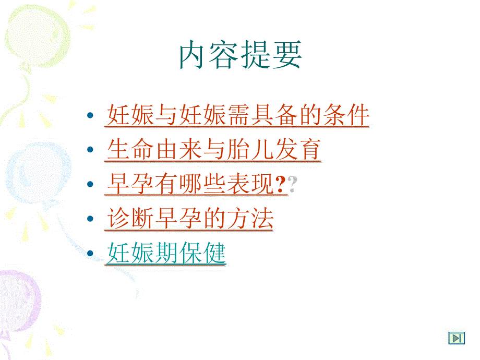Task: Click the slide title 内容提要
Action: [x=240, y=56]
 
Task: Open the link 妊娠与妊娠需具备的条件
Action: [x=237, y=115]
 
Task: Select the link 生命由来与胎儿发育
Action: [x=213, y=150]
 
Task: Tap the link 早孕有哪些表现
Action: [x=190, y=185]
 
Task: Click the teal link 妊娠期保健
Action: [x=166, y=254]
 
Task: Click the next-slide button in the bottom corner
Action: [x=457, y=338]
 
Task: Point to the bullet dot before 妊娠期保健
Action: [x=91, y=254]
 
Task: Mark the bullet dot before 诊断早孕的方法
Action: [x=91, y=220]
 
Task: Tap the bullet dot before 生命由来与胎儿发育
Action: [x=91, y=150]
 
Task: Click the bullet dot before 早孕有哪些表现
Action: [x=91, y=185]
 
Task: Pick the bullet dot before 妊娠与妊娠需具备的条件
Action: [x=91, y=116]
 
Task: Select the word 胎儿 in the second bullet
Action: [x=249, y=150]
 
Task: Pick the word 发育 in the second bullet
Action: [x=297, y=150]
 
